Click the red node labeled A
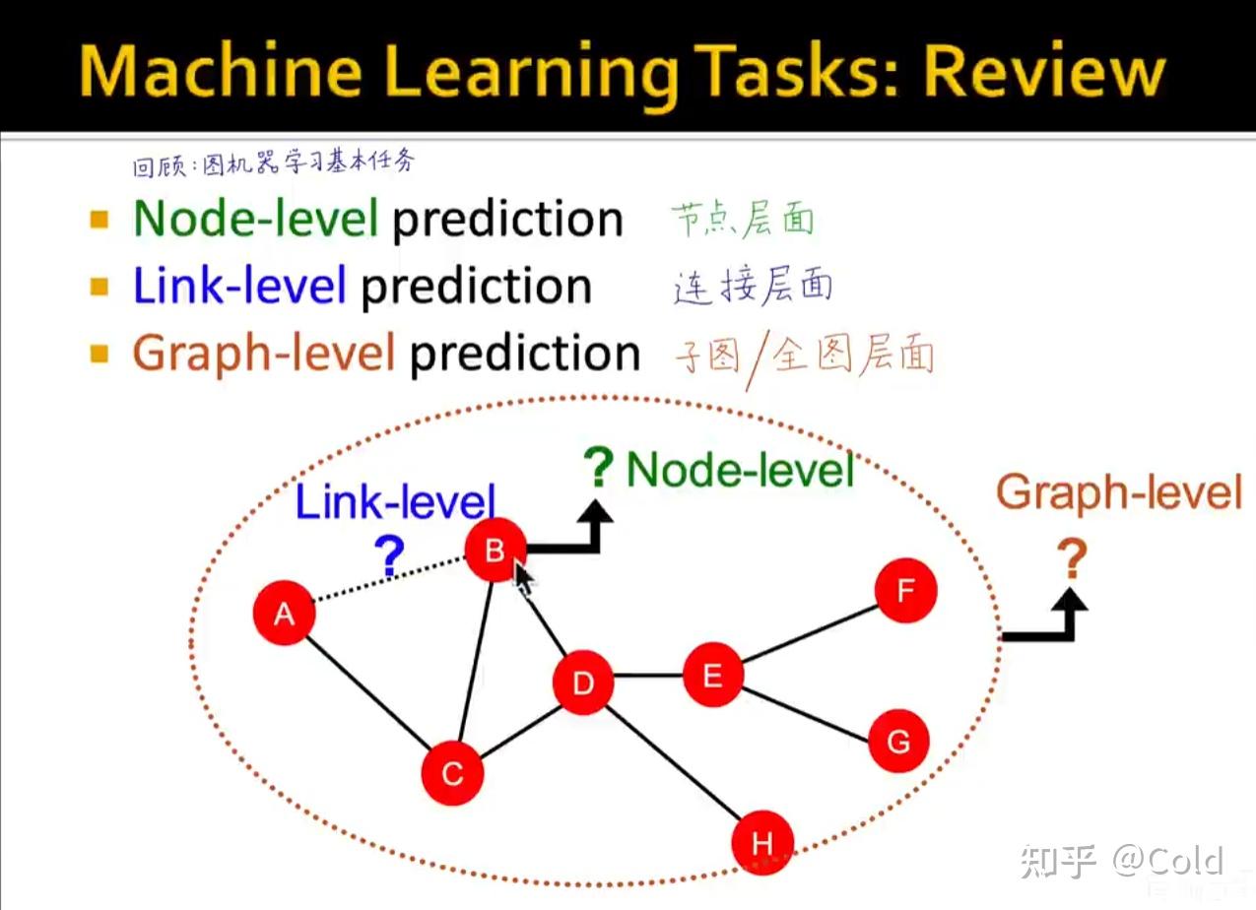click(285, 613)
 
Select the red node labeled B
click(496, 550)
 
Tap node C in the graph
click(452, 773)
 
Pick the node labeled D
click(583, 682)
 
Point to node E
click(713, 675)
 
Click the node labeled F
click(905, 590)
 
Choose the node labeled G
click(898, 741)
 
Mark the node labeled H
click(762, 843)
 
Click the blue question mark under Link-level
click(390, 555)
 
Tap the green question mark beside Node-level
click(598, 467)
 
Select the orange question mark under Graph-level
click(1072, 558)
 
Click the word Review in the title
click(1044, 71)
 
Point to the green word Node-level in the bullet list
click(256, 218)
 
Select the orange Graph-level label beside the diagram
click(1119, 491)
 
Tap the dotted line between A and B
click(390, 579)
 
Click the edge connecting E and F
click(810, 633)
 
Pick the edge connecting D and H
click(674, 762)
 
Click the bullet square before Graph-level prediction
click(99, 354)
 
